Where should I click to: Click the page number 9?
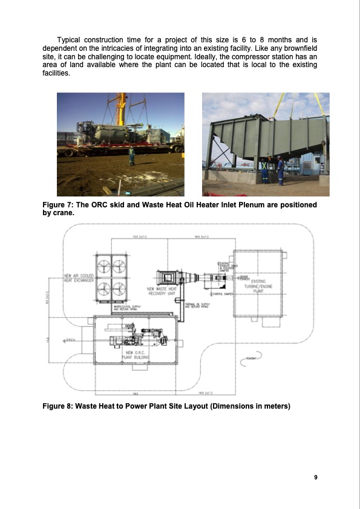tap(316, 478)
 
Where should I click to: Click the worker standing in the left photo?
tap(132, 155)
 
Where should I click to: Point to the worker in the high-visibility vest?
tap(264, 170)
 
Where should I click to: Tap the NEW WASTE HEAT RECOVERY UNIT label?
tap(162, 291)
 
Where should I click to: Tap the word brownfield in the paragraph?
tap(298, 47)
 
